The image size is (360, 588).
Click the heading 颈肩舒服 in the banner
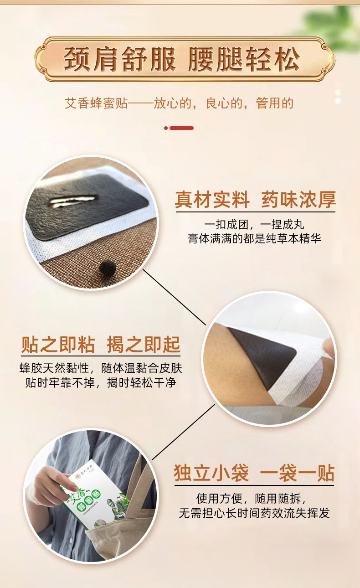click(120, 59)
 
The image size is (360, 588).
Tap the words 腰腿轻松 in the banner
click(244, 59)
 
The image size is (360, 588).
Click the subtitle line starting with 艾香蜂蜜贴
click(179, 103)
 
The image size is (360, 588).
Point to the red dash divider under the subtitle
click(179, 128)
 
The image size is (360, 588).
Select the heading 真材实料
click(212, 200)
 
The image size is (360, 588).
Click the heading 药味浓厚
click(298, 200)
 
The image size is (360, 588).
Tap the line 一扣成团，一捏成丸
click(254, 224)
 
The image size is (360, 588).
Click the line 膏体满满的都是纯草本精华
click(254, 238)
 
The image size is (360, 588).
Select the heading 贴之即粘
click(58, 345)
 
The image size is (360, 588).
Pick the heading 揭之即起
click(144, 345)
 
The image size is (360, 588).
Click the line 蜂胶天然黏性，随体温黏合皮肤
click(101, 368)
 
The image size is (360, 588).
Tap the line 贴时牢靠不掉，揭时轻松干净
click(101, 382)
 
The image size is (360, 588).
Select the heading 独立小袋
click(211, 473)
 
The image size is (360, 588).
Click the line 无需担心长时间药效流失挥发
click(254, 513)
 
